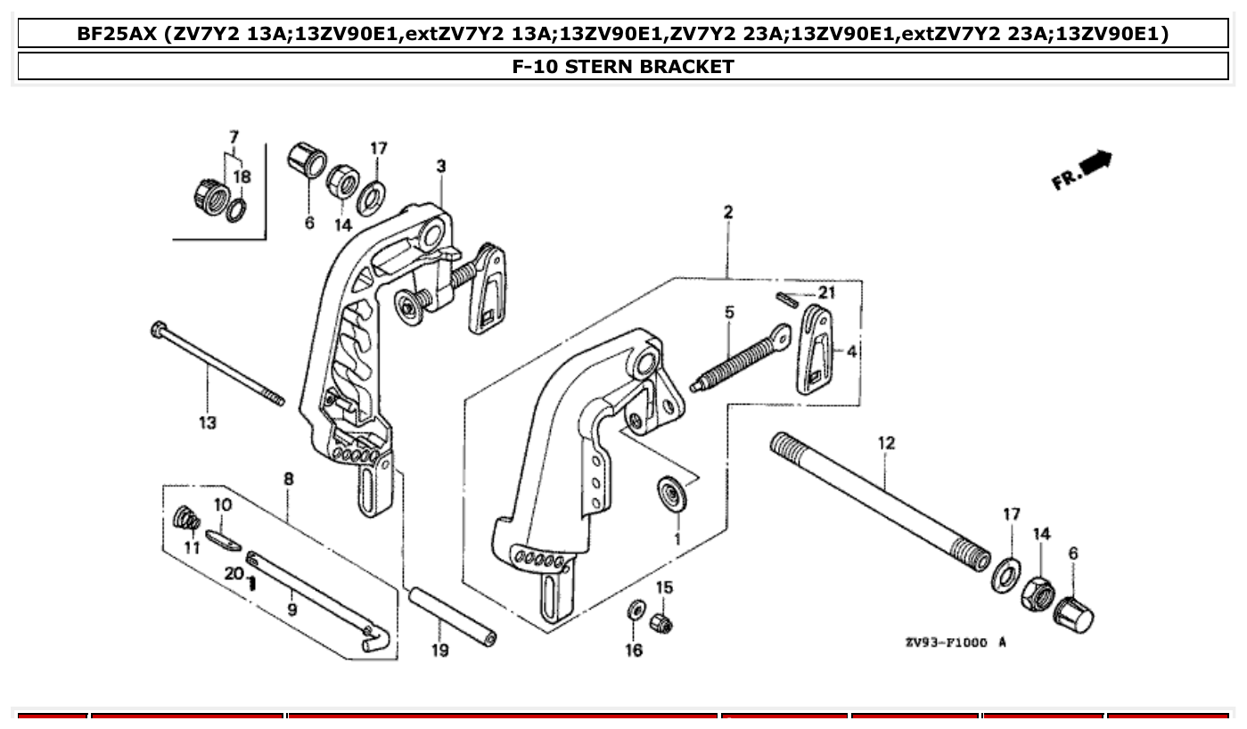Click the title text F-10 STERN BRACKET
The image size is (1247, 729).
[x=623, y=67]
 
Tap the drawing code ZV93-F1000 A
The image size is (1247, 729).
[x=955, y=642]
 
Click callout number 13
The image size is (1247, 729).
[x=207, y=422]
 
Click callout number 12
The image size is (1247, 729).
[x=885, y=443]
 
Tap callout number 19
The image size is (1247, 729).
[x=439, y=651]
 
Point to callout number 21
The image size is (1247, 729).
[x=826, y=293]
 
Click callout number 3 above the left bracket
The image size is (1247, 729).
[x=441, y=166]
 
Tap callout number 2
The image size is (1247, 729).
[x=728, y=212]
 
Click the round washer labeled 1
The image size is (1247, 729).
[x=670, y=494]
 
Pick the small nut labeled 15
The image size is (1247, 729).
[x=660, y=621]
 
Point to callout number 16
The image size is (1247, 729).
[x=633, y=651]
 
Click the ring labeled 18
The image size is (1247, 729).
[x=236, y=210]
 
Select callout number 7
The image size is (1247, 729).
[x=234, y=137]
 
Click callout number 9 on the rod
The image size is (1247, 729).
[x=292, y=610]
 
